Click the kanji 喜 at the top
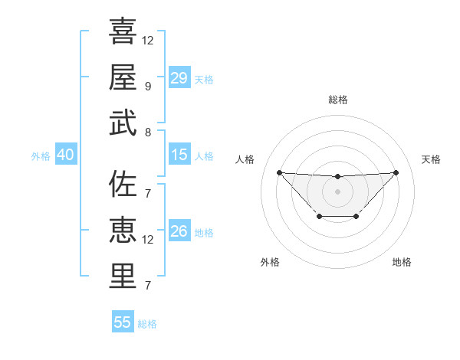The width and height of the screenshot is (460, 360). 123,31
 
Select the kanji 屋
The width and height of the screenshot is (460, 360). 123,77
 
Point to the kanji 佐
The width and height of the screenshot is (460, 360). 123,185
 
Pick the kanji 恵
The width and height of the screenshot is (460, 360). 123,231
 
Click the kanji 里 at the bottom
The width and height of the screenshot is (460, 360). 123,277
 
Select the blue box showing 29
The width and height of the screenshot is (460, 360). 179,78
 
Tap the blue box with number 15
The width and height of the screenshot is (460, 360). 179,155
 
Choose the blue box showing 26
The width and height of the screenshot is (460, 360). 179,231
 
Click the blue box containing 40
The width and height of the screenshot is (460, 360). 65,155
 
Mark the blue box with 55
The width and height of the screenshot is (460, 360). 123,322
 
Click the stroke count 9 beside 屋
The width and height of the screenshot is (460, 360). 148,87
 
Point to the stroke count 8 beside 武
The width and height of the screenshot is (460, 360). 148,133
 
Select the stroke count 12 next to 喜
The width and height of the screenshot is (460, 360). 148,40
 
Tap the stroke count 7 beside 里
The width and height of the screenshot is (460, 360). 148,286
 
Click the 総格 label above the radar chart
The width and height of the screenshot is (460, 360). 337,100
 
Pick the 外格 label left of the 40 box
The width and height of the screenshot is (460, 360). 41,156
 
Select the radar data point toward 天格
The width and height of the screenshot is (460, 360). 396,172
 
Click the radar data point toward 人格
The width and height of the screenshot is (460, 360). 279,172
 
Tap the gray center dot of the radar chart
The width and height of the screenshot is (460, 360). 337,191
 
